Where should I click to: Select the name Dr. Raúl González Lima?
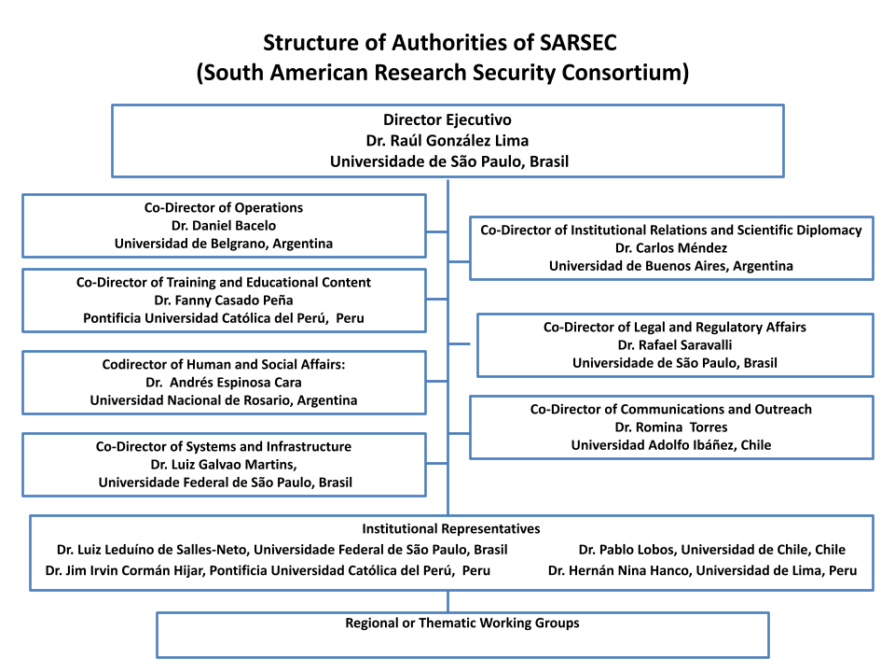click(447, 141)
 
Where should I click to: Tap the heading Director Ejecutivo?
click(447, 120)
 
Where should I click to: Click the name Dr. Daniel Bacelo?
click(224, 226)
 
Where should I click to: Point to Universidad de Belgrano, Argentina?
click(224, 244)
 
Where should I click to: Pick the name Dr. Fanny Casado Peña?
click(224, 300)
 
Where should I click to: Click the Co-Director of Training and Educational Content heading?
click(224, 282)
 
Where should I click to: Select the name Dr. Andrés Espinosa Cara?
click(224, 383)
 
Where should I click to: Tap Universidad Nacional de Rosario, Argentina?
click(224, 400)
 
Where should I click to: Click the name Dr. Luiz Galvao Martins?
click(223, 465)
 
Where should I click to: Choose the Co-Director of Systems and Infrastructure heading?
click(224, 446)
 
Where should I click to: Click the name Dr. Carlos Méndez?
click(671, 248)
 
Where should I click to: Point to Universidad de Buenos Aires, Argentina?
click(671, 266)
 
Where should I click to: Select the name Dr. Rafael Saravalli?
click(675, 345)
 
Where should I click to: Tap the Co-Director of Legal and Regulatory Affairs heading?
click(675, 327)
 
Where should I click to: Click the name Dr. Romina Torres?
click(671, 427)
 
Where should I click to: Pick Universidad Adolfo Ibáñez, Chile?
click(671, 445)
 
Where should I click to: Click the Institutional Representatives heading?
click(451, 528)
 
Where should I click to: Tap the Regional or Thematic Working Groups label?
click(462, 623)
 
